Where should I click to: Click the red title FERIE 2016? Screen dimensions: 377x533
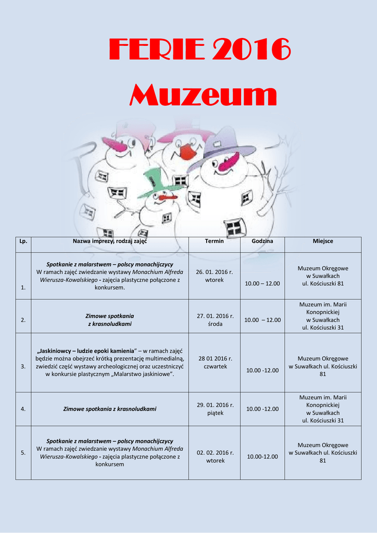200,49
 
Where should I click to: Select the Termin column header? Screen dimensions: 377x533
214,241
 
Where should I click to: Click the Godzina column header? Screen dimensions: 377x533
262,241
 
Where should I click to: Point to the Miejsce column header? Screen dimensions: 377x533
323,241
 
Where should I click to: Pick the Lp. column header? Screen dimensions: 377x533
23,241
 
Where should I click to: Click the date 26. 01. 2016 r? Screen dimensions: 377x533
214,272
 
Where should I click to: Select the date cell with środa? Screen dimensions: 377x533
215,320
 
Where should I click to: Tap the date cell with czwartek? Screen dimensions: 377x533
215,362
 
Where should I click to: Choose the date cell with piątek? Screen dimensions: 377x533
215,409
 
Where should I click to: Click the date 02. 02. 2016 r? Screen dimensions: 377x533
215,453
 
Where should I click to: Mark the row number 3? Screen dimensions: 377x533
23,366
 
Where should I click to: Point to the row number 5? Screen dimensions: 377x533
23,453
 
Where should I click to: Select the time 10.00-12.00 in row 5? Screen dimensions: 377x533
262,456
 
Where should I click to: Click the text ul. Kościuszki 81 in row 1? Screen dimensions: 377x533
323,283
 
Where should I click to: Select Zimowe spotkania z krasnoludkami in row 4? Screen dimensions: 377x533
110,409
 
